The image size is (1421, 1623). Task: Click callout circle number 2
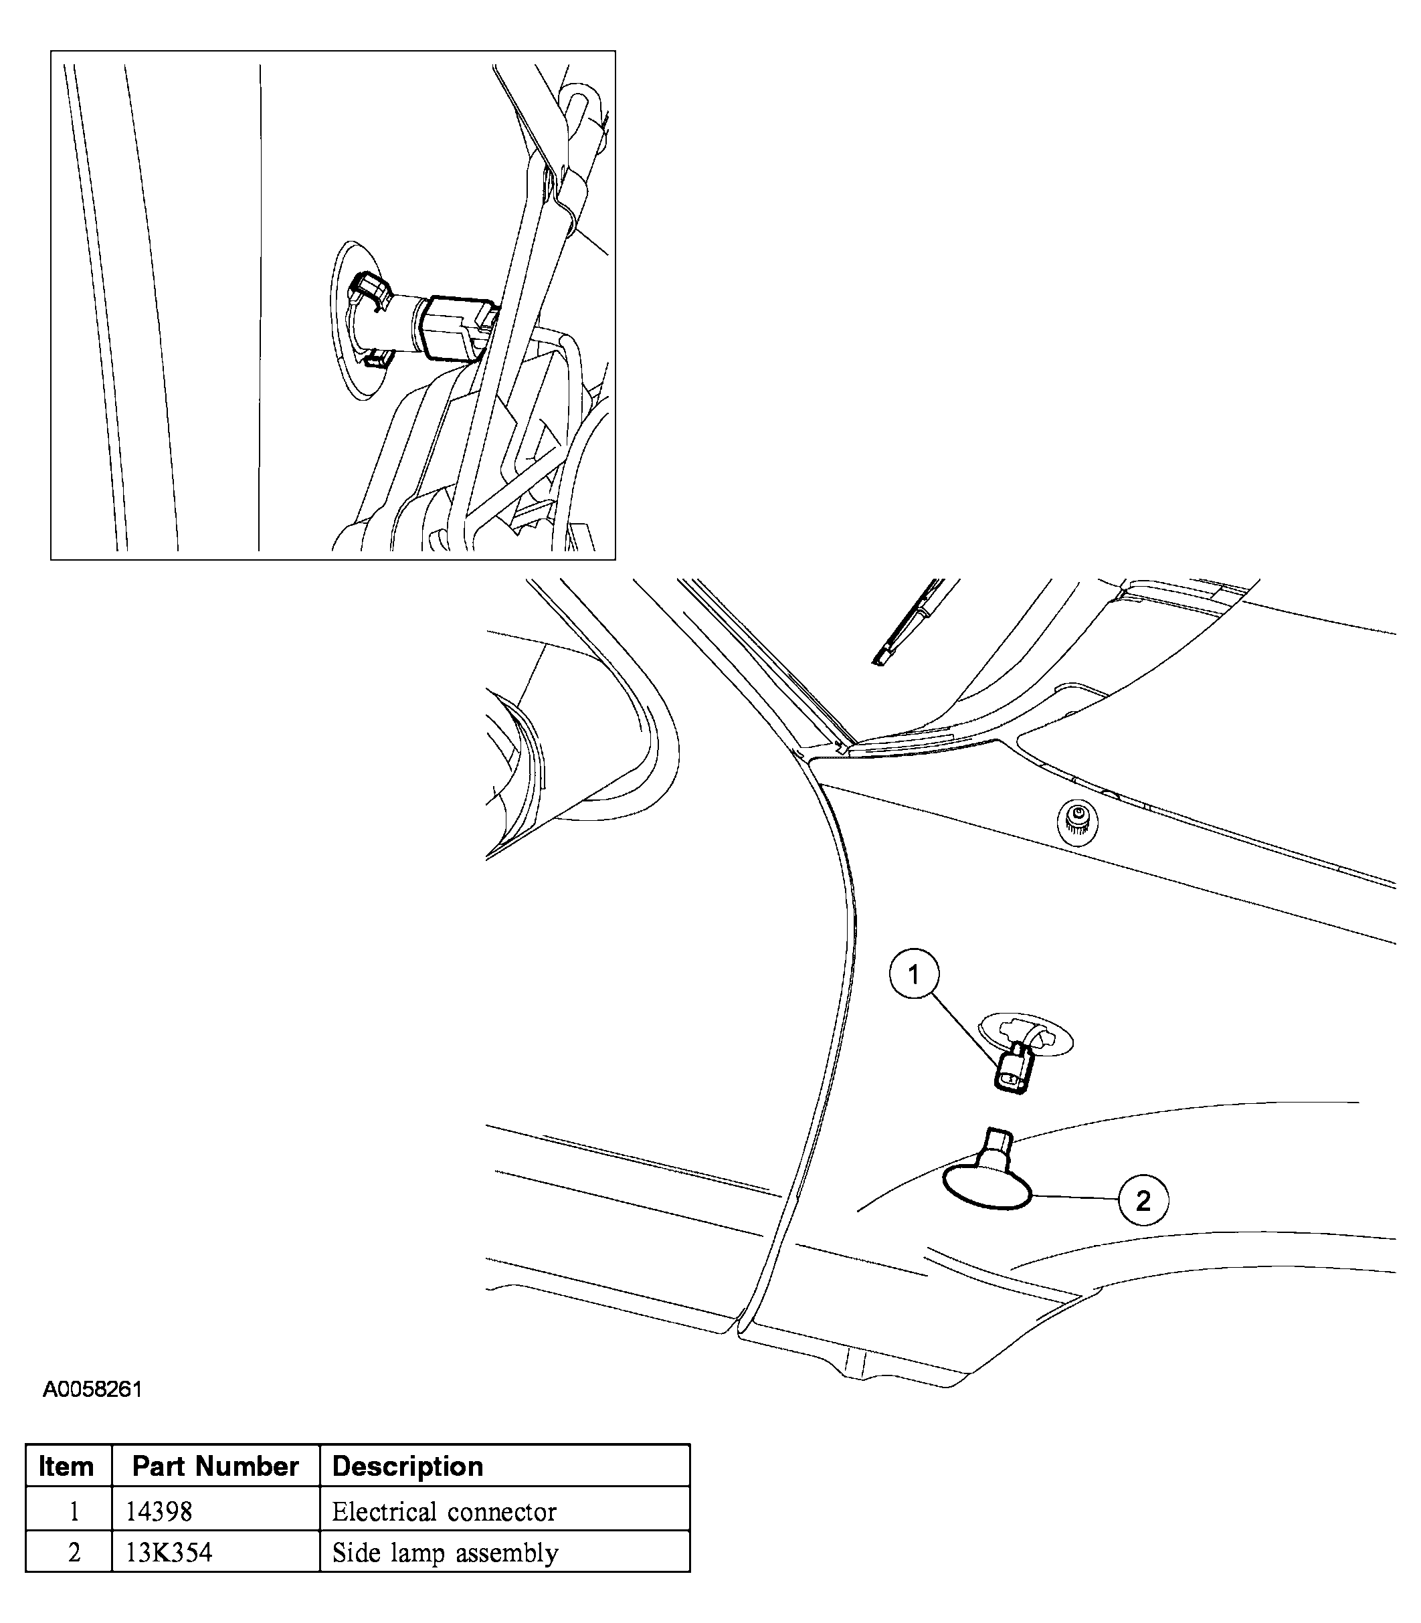click(1143, 1202)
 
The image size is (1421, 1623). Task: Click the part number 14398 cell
click(159, 1512)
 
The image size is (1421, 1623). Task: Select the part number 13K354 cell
click(169, 1553)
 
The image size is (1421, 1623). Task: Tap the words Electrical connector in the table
click(444, 1512)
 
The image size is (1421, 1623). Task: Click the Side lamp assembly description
click(445, 1553)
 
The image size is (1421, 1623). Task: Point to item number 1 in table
click(74, 1512)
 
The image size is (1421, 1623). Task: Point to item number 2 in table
click(74, 1553)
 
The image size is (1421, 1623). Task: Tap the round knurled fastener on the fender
click(1078, 821)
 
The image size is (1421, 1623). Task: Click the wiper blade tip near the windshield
click(880, 658)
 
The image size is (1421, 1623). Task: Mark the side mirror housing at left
click(555, 761)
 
